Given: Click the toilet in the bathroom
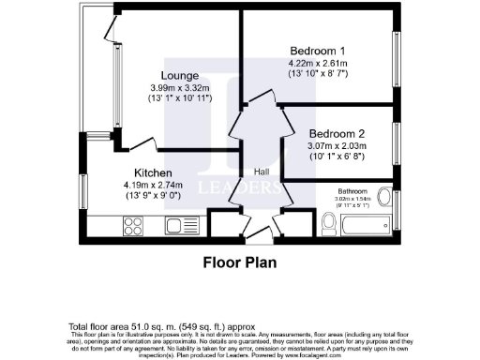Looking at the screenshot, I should (x=328, y=222).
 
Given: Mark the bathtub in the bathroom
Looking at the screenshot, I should (x=367, y=225).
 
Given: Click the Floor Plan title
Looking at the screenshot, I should (x=240, y=263).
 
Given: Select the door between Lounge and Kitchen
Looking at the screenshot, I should (x=144, y=143).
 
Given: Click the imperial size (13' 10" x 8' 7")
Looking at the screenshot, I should (x=319, y=73).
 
